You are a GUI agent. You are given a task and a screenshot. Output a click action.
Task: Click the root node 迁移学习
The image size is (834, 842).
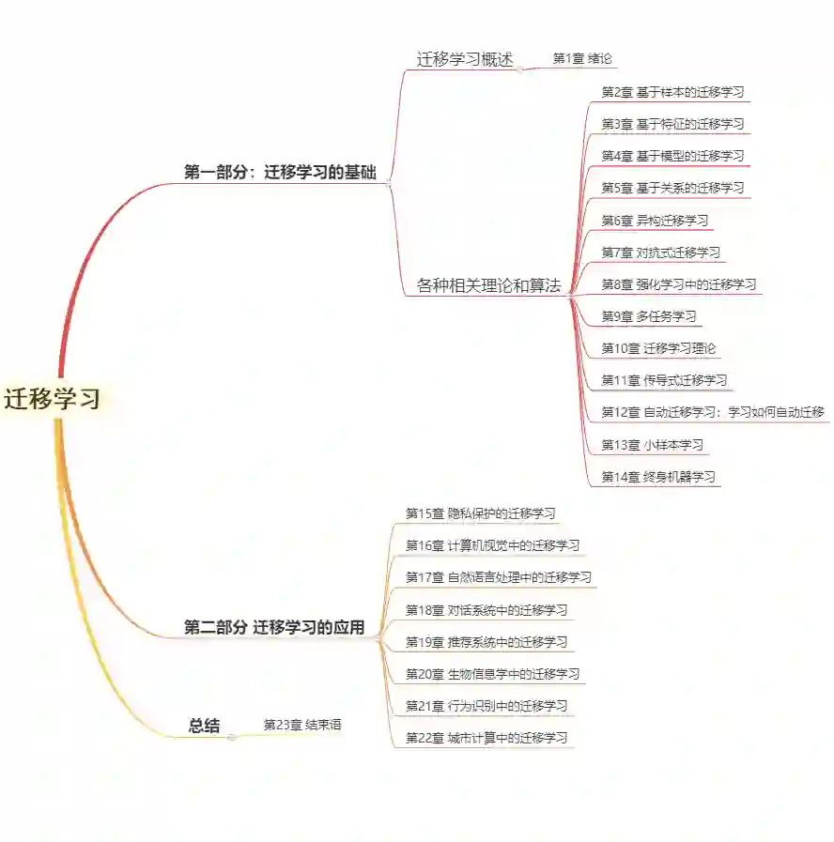coord(53,399)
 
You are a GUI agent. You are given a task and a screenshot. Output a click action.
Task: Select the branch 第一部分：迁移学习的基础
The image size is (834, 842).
coord(280,173)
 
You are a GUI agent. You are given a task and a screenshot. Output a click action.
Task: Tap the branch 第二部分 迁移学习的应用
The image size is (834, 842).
coord(274,628)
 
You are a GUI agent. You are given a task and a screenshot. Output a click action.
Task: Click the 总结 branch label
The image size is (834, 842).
coord(204,725)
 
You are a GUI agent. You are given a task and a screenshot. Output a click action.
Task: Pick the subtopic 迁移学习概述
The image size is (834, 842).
coord(465,59)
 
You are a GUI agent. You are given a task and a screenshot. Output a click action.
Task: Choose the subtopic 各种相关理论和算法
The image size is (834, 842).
coord(488,285)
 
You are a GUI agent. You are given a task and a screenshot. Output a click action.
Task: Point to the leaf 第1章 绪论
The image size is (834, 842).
coord(582,58)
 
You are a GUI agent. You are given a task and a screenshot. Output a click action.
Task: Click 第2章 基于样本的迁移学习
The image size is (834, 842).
coord(672,92)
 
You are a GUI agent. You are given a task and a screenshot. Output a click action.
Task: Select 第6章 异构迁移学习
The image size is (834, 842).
coord(655,221)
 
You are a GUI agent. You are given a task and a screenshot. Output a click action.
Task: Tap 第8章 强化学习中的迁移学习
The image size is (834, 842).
coord(678,284)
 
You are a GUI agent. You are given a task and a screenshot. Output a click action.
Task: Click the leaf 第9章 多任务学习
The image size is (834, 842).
coord(649,316)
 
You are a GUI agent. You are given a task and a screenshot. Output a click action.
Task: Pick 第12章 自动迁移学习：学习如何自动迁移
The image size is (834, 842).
coord(712,412)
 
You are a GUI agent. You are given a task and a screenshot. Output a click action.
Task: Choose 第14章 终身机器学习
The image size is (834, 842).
coord(658,477)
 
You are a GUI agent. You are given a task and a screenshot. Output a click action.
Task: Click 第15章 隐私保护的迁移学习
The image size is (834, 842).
coord(481,513)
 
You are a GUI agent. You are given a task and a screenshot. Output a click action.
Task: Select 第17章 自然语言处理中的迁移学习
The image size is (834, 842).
coord(498,577)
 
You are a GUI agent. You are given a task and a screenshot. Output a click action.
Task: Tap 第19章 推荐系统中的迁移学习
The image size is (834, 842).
coord(486,642)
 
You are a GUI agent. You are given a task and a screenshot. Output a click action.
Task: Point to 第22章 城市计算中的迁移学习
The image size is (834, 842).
coord(486,738)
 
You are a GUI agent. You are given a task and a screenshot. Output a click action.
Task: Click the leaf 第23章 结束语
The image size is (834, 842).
coord(302,725)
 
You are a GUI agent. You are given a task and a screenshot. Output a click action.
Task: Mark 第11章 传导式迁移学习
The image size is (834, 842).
coord(664,380)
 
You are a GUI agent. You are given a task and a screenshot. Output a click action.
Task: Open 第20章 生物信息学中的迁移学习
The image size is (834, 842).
coord(492,674)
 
